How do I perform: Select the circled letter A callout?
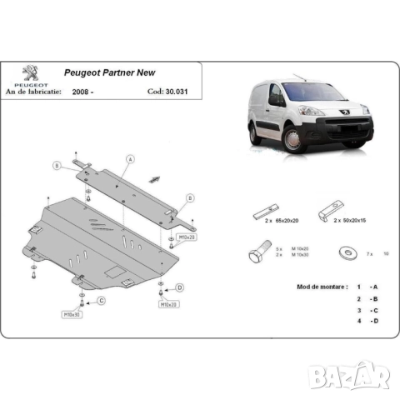click(131, 158)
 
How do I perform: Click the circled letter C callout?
click(101, 300)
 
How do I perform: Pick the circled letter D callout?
click(179, 288)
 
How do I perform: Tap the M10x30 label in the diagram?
click(72, 315)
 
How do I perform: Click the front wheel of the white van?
click(292, 142)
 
